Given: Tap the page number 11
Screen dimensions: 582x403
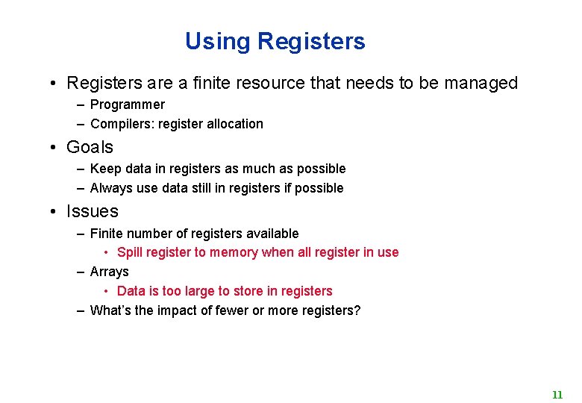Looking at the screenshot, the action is (557, 395).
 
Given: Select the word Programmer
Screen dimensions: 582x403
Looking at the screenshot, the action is (127, 104).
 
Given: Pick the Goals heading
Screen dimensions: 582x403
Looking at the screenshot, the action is (90, 148).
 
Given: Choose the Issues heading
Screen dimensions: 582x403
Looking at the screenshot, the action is (92, 212).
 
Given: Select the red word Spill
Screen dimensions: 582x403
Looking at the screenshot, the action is (130, 252).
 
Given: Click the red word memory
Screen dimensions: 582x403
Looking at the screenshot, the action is (234, 252).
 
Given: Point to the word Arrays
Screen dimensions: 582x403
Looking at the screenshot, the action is (109, 272).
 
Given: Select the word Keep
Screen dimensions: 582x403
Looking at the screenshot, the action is (104, 169).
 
